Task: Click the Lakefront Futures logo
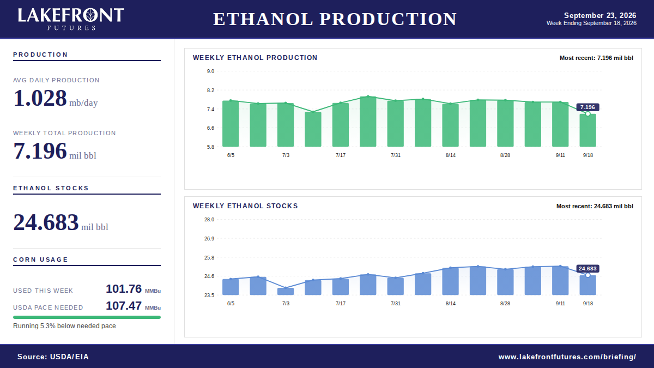71,19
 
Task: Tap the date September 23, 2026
600,15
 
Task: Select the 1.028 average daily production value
40,98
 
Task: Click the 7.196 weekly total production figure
40,151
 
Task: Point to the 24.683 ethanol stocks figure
46,222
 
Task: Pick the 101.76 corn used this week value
124,289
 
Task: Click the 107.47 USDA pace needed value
124,306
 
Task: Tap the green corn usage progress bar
87,317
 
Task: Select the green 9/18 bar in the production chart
588,130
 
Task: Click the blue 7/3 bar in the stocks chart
286,292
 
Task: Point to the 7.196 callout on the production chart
588,107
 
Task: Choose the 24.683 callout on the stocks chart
588,269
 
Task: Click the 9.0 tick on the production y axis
210,71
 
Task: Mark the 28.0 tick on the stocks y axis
209,220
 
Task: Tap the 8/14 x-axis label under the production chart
451,155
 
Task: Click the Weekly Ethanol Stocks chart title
245,206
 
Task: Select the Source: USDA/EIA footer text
53,357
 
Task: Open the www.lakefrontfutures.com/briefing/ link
567,357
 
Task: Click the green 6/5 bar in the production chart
231,124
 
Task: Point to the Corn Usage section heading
40,260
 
